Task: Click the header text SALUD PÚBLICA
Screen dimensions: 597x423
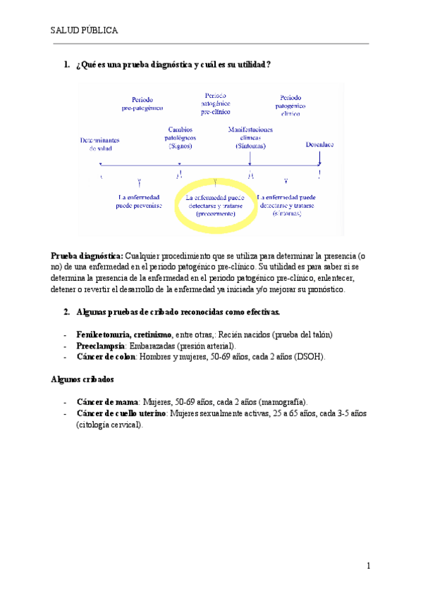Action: (84, 31)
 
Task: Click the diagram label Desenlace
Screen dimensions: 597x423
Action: (319, 144)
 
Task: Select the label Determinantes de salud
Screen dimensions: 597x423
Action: (100, 144)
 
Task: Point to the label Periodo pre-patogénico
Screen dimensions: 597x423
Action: (142, 104)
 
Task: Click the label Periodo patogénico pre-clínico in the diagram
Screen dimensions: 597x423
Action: (215, 103)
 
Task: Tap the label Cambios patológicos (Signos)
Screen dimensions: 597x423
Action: (180, 137)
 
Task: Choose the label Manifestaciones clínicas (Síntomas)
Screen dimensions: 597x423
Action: (251, 137)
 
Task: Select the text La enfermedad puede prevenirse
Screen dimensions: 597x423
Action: (140, 201)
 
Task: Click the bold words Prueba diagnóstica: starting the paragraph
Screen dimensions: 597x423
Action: (87, 255)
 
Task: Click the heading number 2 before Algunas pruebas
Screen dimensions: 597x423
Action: (66, 311)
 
